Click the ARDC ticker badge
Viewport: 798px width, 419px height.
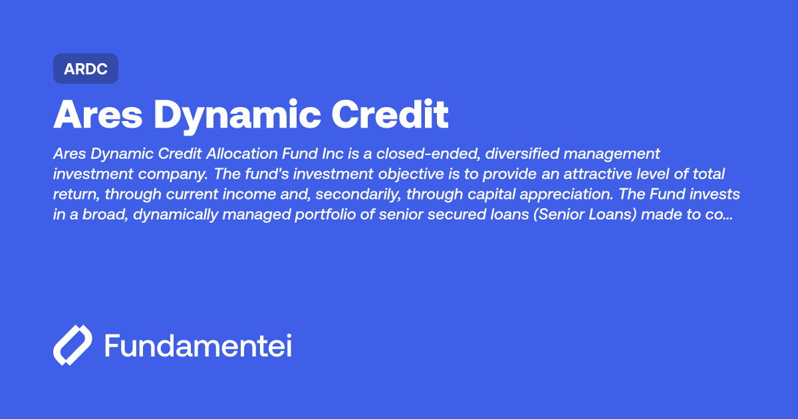click(x=86, y=69)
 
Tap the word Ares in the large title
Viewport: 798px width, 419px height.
click(x=98, y=114)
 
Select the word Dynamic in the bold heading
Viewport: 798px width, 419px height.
click(x=237, y=116)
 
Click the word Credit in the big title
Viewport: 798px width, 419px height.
click(x=390, y=114)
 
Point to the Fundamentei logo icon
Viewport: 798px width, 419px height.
click(x=72, y=345)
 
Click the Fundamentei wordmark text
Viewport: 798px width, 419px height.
click(x=198, y=345)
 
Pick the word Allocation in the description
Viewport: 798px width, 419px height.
click(x=242, y=154)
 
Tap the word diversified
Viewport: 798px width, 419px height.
click(x=522, y=154)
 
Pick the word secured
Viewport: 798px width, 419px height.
click(x=450, y=215)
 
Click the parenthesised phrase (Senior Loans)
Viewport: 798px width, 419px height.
click(x=585, y=214)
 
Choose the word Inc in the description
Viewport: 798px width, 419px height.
click(x=332, y=154)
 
